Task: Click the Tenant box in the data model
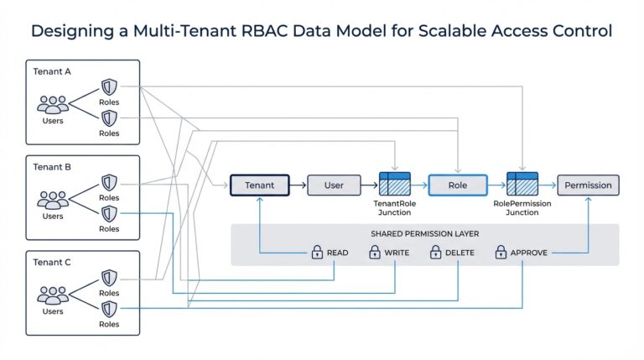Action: pos(259,185)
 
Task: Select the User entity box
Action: pos(334,185)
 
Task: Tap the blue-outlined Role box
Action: pos(457,185)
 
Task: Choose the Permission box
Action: pos(589,185)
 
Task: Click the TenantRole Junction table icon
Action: pos(394,185)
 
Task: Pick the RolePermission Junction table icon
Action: pos(522,185)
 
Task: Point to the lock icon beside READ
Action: pos(318,251)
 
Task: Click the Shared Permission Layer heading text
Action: pos(424,232)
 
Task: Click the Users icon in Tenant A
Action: pos(52,105)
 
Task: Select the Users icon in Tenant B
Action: pos(52,201)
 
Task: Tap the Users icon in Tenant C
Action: pos(52,295)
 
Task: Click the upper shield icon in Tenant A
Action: pos(109,87)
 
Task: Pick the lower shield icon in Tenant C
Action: pos(109,310)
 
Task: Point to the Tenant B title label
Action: pos(52,167)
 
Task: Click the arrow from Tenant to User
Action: pos(298,185)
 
